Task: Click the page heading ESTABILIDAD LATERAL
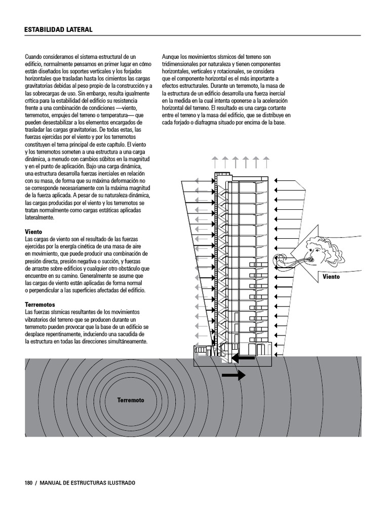pyautogui.click(x=58, y=30)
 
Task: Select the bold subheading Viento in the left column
pyautogui.click(x=34, y=232)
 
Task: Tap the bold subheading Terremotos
pyautogui.click(x=40, y=305)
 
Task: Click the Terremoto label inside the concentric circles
pyautogui.click(x=131, y=400)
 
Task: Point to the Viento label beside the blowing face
pyautogui.click(x=332, y=277)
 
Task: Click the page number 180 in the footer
pyautogui.click(x=28, y=483)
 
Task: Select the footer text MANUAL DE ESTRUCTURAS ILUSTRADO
pyautogui.click(x=88, y=483)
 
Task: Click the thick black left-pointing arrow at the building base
pyautogui.click(x=243, y=358)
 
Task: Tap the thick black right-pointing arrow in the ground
pyautogui.click(x=234, y=376)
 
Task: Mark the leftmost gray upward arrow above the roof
pyautogui.click(x=215, y=162)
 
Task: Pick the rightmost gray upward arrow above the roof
pyautogui.click(x=266, y=162)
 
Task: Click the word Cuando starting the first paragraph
pyautogui.click(x=34, y=57)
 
